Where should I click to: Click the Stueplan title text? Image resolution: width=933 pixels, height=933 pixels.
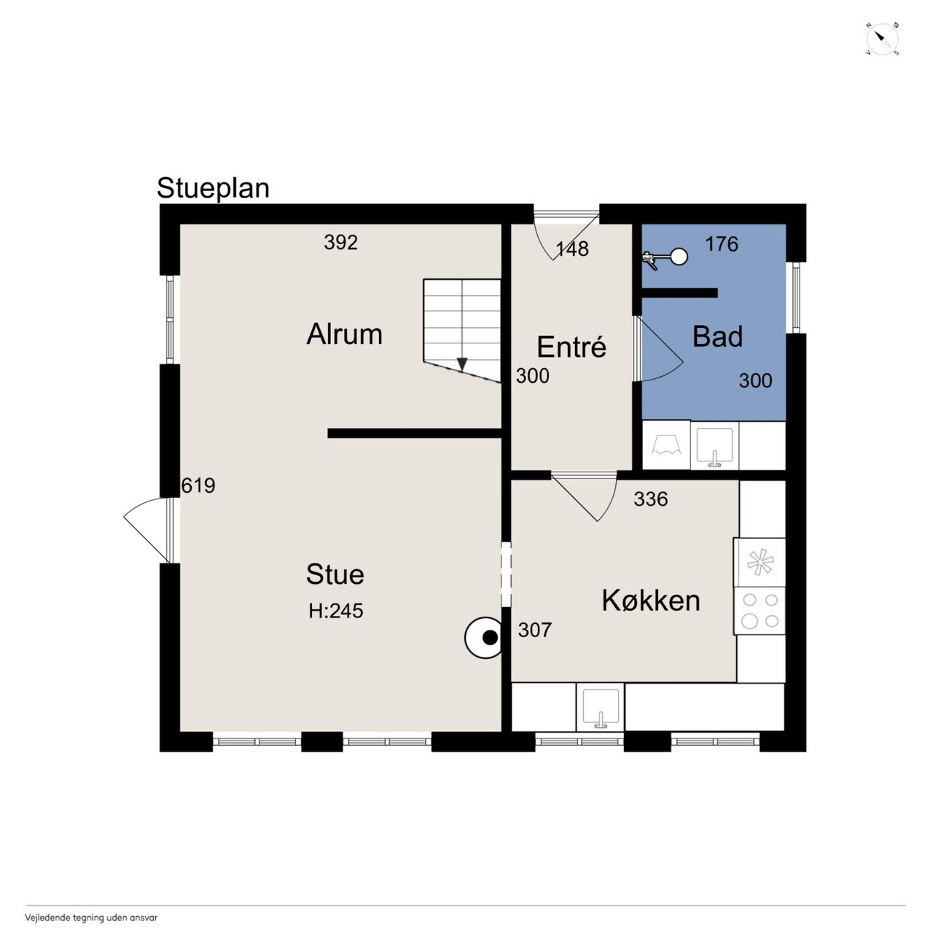213,188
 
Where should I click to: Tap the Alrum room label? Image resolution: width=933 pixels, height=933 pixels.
344,334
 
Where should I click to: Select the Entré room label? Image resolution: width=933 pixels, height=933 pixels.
571,346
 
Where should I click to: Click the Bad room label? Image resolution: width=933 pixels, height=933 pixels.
717,337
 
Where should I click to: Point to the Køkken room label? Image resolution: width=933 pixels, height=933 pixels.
651,601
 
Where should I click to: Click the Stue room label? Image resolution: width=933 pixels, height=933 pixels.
335,574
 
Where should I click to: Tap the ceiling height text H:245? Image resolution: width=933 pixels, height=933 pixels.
336,611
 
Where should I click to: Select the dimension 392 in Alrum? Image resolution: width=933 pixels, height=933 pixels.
341,243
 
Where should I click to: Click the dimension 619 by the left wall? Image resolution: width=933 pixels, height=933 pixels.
198,485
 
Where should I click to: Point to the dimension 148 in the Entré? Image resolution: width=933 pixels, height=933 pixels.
572,249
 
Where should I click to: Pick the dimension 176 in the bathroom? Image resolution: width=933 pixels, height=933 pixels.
722,244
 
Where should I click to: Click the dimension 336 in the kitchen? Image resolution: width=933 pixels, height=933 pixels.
651,499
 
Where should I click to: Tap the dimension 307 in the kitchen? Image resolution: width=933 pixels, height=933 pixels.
534,630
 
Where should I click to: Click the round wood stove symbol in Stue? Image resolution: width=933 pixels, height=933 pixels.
483,638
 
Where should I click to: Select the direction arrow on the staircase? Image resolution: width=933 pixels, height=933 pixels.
462,364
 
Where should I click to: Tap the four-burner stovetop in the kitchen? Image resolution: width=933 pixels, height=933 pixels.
760,611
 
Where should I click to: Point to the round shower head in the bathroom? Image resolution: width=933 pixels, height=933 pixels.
679,257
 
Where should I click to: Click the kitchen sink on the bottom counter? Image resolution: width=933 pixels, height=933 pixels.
601,707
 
